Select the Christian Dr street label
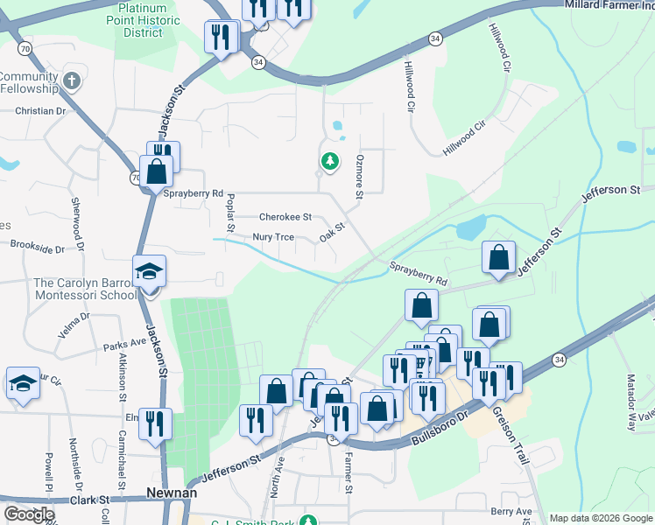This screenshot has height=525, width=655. (40, 112)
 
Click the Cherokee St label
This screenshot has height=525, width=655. (285, 217)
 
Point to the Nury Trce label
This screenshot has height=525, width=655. (272, 237)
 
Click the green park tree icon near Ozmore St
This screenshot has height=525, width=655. (329, 161)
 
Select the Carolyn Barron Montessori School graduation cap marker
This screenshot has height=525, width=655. (149, 272)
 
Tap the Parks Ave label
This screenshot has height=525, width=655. (124, 345)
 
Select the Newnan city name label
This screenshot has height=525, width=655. (171, 493)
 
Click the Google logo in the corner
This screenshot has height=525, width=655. (29, 514)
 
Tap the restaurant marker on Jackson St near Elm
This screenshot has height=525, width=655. (155, 424)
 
